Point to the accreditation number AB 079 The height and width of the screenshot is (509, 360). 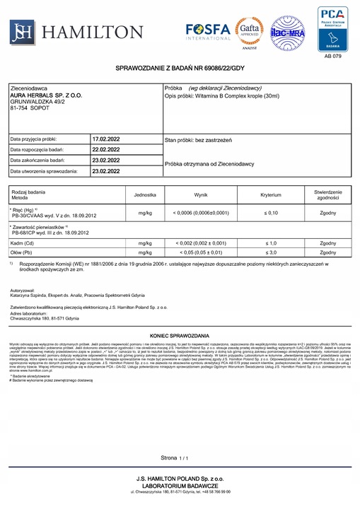(332, 54)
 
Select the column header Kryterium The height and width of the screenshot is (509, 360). (270, 194)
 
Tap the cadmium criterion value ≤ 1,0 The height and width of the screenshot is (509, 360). (270, 242)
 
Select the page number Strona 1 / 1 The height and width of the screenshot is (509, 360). (176, 458)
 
